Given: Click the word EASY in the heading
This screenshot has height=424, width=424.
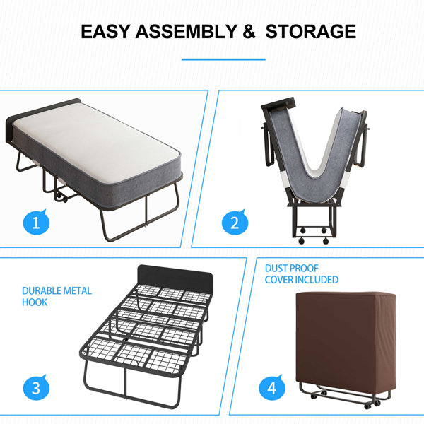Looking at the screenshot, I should [x=104, y=32].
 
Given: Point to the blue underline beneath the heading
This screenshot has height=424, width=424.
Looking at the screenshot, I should [x=223, y=59].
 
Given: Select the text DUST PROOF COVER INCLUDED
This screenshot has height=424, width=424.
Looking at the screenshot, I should [x=302, y=274].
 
